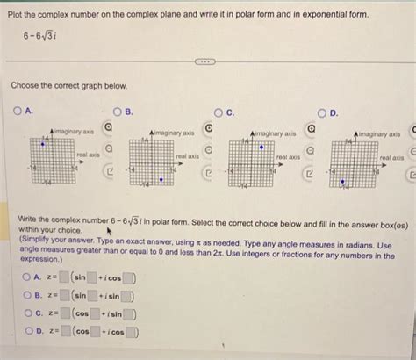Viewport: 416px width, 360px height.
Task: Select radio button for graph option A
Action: pyautogui.click(x=18, y=112)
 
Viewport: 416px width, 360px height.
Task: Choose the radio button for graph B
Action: pyautogui.click(x=117, y=112)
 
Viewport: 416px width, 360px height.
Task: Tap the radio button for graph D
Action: pyautogui.click(x=321, y=112)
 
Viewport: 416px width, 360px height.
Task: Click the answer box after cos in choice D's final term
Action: pyautogui.click(x=131, y=332)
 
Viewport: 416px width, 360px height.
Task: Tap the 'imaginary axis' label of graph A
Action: pyautogui.click(x=75, y=132)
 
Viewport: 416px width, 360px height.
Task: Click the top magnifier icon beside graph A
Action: pyautogui.click(x=109, y=128)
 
